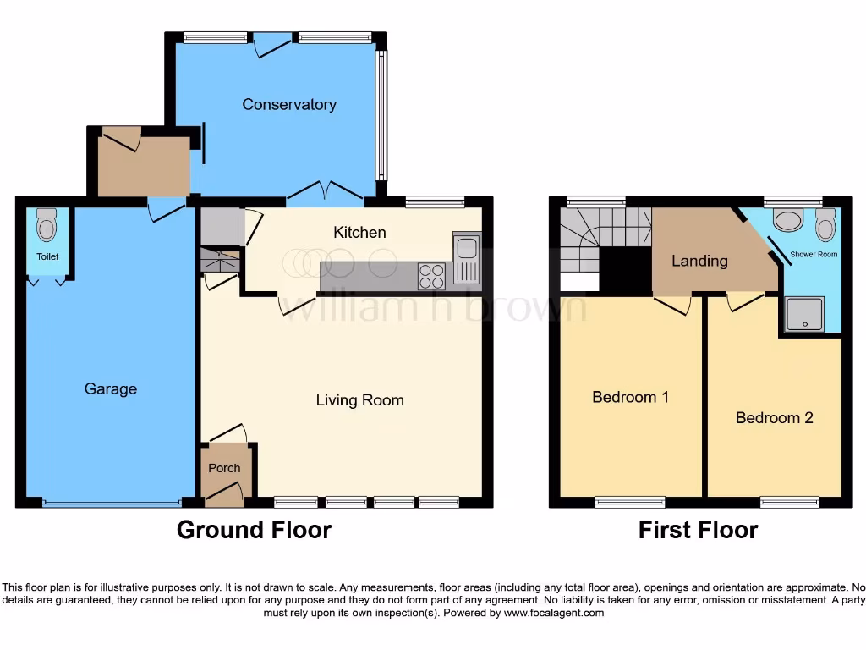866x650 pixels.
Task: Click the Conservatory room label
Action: click(289, 105)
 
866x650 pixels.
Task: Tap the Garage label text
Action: click(110, 389)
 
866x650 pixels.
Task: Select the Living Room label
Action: click(359, 400)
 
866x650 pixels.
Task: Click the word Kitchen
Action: click(359, 233)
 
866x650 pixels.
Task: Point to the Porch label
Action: click(224, 468)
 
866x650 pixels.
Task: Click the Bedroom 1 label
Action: click(630, 397)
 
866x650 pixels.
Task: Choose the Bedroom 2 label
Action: click(774, 418)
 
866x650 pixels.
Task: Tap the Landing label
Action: click(699, 261)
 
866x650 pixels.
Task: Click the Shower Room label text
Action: click(814, 254)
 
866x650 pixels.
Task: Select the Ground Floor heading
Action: click(254, 531)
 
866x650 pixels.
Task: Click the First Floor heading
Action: click(698, 531)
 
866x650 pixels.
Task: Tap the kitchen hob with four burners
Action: click(432, 275)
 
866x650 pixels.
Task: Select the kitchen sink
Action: click(466, 258)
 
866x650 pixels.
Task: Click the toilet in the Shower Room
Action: click(825, 224)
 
